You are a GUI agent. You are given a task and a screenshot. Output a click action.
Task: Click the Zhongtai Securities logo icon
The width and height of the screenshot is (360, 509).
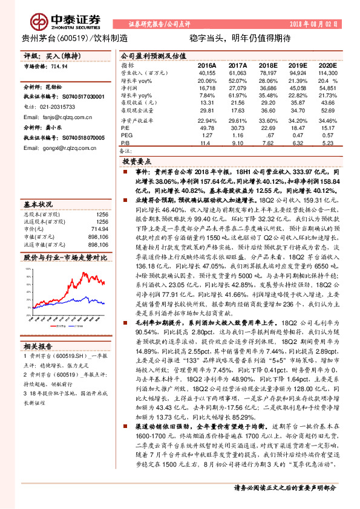(x=41, y=22)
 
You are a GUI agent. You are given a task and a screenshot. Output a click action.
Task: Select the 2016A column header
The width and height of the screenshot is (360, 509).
(x=206, y=65)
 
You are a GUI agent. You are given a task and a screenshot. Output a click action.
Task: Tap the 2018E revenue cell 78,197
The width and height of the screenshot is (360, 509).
(x=266, y=72)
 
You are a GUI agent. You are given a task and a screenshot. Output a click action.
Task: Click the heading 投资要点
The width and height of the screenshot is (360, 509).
(x=137, y=162)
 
